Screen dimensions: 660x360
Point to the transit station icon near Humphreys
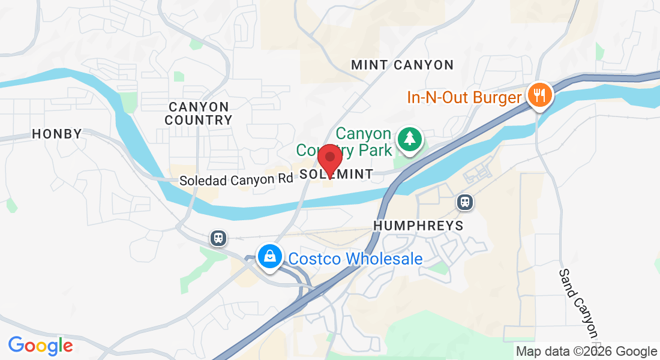click(464, 202)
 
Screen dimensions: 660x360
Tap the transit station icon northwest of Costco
click(219, 238)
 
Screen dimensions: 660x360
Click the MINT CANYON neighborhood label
click(402, 65)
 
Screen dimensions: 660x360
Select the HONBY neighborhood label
click(57, 134)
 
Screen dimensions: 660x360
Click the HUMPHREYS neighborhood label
click(418, 226)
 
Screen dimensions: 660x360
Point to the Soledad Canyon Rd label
click(236, 179)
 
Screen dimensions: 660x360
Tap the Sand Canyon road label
click(578, 303)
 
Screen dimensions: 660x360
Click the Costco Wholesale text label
click(355, 259)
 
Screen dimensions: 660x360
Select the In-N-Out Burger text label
click(464, 97)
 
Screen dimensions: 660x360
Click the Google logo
click(40, 346)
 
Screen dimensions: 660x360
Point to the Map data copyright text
click(586, 352)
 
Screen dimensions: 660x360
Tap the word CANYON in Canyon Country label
click(199, 107)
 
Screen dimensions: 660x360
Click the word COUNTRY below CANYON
click(199, 120)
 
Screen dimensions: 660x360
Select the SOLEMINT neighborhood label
click(336, 174)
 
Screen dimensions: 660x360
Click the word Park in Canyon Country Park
click(375, 149)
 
